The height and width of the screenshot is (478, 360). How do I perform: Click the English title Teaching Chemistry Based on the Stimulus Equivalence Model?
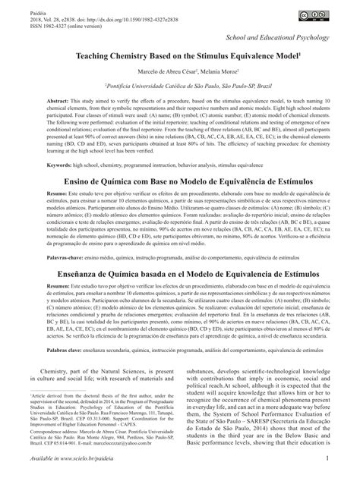[179, 56]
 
